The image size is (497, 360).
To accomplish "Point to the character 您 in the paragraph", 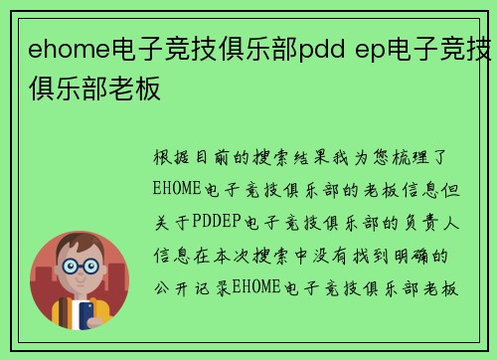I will pyautogui.click(x=394, y=159).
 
